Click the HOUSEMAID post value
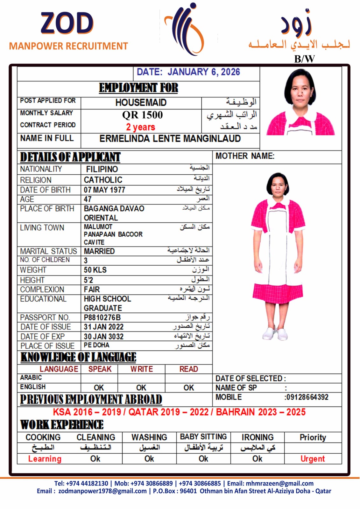(x=141, y=102)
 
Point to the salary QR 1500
(x=142, y=115)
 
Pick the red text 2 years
(x=140, y=127)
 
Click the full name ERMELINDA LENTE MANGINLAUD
(x=170, y=139)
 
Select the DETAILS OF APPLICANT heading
(x=70, y=157)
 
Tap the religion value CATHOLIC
(x=103, y=180)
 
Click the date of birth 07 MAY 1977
(x=104, y=190)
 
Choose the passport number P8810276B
(x=102, y=317)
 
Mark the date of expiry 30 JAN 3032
(x=103, y=337)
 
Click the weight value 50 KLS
(x=95, y=270)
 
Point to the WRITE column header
(x=141, y=369)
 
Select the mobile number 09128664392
(x=307, y=397)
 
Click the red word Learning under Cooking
(x=45, y=459)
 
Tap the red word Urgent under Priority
(x=313, y=459)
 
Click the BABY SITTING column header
(x=203, y=437)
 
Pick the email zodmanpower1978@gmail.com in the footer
(x=102, y=491)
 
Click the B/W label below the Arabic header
(x=304, y=59)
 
